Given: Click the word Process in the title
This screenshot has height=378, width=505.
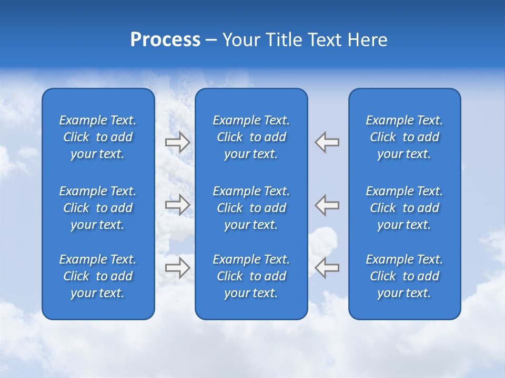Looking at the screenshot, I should pyautogui.click(x=165, y=40).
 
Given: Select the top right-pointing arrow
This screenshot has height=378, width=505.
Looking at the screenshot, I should pyautogui.click(x=177, y=142).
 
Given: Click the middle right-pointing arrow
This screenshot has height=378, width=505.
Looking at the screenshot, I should pyautogui.click(x=177, y=205).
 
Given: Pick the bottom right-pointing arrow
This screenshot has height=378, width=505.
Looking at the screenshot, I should pyautogui.click(x=177, y=268).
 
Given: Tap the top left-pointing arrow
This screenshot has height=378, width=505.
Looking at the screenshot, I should pyautogui.click(x=327, y=142).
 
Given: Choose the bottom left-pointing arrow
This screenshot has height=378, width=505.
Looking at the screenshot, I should pyautogui.click(x=327, y=268).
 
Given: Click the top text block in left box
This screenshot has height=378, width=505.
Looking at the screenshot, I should pyautogui.click(x=98, y=137).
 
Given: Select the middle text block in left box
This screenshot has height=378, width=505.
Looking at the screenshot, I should pyautogui.click(x=98, y=208).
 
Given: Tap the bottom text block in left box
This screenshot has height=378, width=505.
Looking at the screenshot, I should pyautogui.click(x=98, y=276).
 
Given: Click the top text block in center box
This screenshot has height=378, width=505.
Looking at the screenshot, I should pyautogui.click(x=251, y=137).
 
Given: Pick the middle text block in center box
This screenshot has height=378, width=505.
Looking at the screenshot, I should pyautogui.click(x=251, y=208).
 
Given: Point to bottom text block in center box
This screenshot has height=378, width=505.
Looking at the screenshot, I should pyautogui.click(x=251, y=276).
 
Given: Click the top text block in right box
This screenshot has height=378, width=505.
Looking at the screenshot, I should pyautogui.click(x=404, y=137).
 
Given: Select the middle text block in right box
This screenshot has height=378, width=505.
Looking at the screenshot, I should pyautogui.click(x=404, y=208).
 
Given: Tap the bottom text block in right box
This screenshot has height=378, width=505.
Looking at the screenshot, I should pyautogui.click(x=404, y=276).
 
